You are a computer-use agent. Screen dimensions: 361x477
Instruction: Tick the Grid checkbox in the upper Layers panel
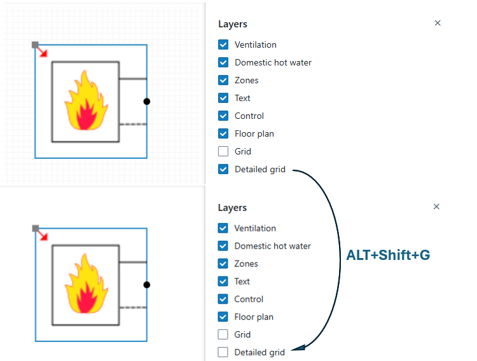[x=223, y=151]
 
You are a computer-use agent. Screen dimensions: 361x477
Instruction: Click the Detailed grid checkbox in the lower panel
[x=223, y=352]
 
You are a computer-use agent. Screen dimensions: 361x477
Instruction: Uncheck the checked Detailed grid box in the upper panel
[x=223, y=169]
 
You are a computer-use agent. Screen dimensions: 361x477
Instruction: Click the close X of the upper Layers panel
[x=438, y=23]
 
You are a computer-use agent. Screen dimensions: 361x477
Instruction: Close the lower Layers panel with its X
[x=436, y=207]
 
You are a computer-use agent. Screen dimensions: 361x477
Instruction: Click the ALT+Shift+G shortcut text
[x=388, y=255]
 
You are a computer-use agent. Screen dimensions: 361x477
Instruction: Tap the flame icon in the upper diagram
[x=86, y=101]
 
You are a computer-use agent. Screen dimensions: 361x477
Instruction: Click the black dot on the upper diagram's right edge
[x=147, y=102]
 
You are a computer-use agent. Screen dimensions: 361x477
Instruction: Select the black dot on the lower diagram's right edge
[x=147, y=285]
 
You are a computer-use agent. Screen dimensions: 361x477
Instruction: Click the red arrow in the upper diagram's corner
[x=42, y=51]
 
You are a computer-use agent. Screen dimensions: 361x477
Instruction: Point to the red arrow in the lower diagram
[x=42, y=235]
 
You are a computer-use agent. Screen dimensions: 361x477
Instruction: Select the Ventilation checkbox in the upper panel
[x=223, y=44]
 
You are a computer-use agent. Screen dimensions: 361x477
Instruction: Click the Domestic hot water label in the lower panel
[x=272, y=246]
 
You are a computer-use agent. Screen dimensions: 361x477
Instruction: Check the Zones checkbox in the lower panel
[x=223, y=264]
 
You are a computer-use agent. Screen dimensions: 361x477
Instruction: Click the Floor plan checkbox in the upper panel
[x=223, y=133]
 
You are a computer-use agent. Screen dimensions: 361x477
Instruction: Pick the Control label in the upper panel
[x=249, y=116]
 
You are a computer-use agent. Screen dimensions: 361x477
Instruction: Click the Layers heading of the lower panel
[x=232, y=208]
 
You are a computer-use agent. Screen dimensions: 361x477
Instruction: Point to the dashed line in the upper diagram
[x=133, y=125]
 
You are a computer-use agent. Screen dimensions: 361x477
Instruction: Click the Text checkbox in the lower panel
[x=223, y=282]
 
